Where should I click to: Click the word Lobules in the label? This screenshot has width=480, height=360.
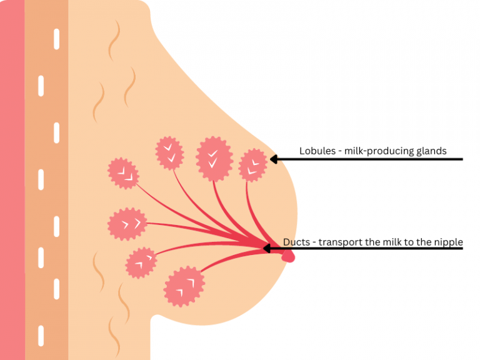tap(317, 151)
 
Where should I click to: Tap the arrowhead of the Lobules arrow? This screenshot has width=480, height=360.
tap(273, 159)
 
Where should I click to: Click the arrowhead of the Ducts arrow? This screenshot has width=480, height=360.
tap(267, 248)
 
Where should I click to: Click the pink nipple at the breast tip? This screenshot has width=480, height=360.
tap(288, 256)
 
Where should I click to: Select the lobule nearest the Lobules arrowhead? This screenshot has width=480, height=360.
tap(253, 165)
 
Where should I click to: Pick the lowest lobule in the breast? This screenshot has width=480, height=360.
tap(184, 286)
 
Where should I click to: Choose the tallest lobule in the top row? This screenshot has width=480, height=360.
tap(214, 159)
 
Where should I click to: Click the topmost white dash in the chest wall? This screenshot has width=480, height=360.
tap(57, 39)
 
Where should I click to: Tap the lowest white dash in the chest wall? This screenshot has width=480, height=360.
tap(41, 336)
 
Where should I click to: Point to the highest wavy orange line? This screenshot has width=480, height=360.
tap(114, 40)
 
